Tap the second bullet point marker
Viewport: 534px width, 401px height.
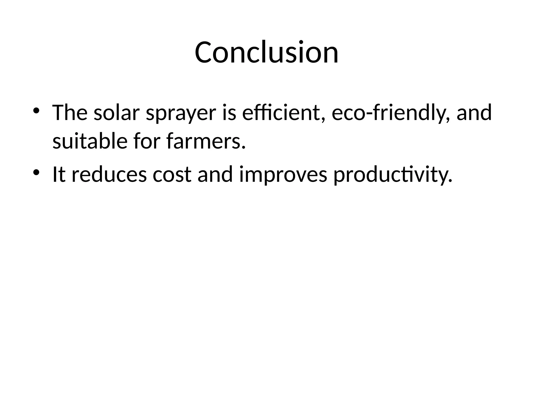click(36, 172)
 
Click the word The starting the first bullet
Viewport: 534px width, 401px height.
click(70, 113)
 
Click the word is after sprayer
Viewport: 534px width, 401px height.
click(229, 113)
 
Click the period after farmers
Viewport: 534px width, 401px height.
click(244, 148)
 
